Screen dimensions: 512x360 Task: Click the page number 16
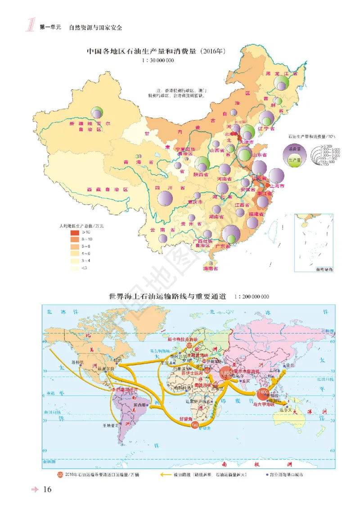48,490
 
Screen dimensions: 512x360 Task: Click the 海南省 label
210,269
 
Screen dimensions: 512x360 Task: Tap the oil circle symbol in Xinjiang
96,112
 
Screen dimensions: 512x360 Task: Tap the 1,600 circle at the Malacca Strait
263,393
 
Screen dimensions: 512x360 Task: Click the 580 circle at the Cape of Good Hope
195,424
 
